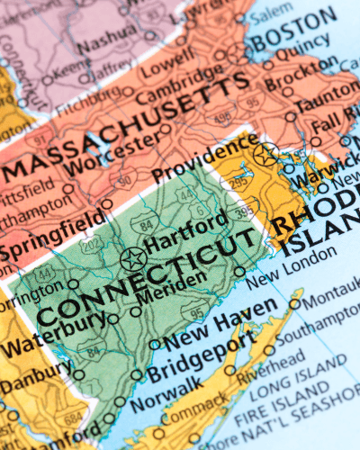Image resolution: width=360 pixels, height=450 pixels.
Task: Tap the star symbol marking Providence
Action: click(x=265, y=154)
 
